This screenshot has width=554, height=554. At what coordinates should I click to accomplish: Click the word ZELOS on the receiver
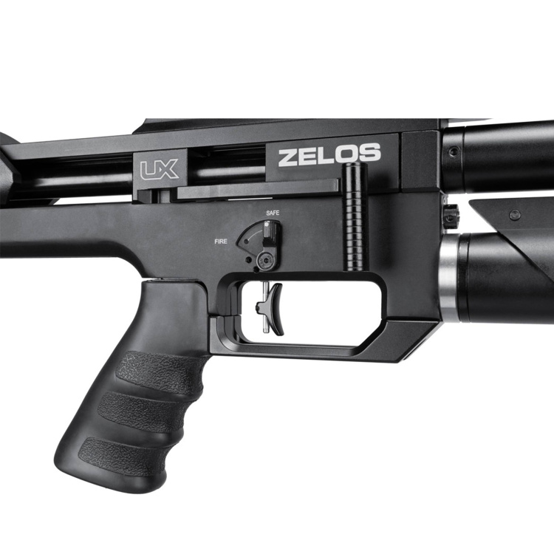(329, 155)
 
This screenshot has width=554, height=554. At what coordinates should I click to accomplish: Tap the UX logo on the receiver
(159, 169)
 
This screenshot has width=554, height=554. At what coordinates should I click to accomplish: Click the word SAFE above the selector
(273, 213)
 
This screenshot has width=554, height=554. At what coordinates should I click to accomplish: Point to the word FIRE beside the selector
(221, 242)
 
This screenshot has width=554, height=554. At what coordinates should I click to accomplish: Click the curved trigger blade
(276, 309)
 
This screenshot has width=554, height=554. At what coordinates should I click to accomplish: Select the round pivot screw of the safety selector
(265, 261)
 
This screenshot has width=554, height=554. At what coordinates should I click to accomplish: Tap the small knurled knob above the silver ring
(451, 213)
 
